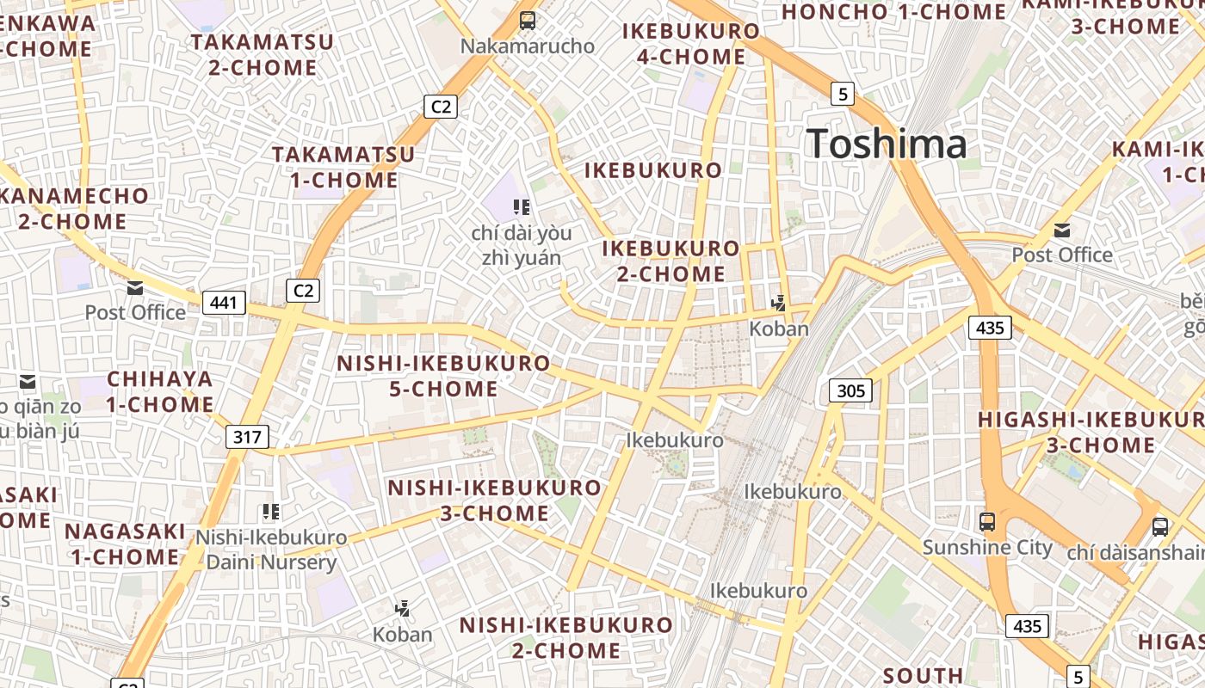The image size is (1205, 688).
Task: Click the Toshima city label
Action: click(887, 144)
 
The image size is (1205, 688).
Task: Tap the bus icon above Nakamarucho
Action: click(528, 21)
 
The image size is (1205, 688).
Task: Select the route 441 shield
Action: click(224, 303)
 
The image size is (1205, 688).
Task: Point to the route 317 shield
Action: click(247, 437)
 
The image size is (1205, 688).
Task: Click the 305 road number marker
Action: click(850, 391)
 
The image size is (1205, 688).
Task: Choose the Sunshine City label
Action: click(987, 548)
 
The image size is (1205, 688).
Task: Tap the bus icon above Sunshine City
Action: click(987, 521)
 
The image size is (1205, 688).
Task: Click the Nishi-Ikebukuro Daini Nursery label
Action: click(270, 550)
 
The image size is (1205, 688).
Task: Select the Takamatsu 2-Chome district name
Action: click(263, 54)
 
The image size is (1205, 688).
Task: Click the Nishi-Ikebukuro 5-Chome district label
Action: click(443, 376)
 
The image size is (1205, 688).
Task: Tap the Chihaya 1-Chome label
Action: click(160, 391)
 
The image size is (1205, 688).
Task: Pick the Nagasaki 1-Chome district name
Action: click(125, 544)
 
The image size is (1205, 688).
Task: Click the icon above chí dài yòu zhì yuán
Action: click(521, 206)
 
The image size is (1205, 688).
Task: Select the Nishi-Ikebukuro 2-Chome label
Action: click(565, 637)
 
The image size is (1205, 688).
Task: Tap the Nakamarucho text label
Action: click(528, 46)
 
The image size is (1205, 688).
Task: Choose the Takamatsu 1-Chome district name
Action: click(343, 168)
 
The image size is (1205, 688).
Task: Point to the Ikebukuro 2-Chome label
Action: click(670, 261)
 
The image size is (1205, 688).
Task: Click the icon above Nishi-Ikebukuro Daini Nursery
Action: click(272, 512)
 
